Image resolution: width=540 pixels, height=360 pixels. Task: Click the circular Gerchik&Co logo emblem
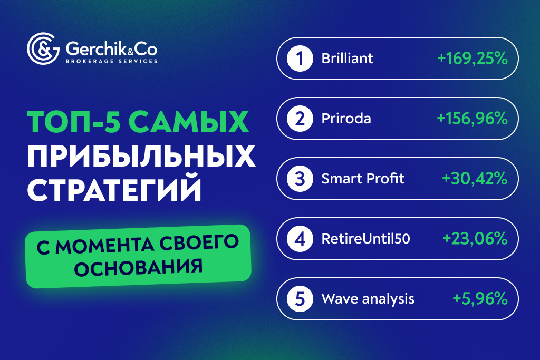click(x=43, y=49)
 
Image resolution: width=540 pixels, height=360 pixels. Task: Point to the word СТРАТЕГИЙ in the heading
click(x=114, y=190)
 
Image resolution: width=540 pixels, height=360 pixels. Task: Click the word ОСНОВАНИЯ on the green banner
click(x=138, y=266)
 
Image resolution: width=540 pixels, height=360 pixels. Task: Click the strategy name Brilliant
click(x=347, y=59)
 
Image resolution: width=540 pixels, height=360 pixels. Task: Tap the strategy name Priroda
click(x=346, y=119)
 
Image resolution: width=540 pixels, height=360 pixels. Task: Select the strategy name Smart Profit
click(x=363, y=179)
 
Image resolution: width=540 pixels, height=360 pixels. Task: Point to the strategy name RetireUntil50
click(x=365, y=239)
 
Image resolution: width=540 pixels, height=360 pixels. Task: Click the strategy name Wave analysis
click(x=368, y=299)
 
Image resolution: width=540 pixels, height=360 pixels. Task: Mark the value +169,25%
click(x=472, y=59)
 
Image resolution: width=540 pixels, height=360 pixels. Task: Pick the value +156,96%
click(x=472, y=119)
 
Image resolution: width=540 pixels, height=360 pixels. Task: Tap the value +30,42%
click(x=475, y=179)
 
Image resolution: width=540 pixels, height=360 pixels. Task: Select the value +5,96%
click(x=480, y=299)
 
